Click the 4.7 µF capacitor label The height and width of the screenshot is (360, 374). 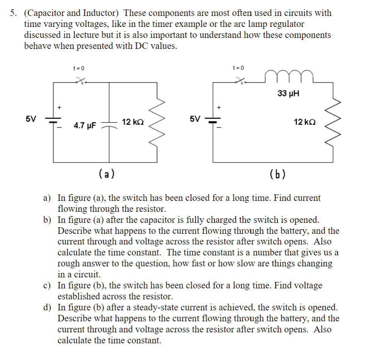(x=85, y=125)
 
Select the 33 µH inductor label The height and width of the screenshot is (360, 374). (x=288, y=93)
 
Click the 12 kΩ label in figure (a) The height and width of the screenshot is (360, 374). (x=132, y=122)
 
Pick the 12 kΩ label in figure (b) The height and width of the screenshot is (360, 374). (x=305, y=122)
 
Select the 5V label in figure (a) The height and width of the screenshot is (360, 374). (x=31, y=119)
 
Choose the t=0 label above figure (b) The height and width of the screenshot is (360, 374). (x=238, y=68)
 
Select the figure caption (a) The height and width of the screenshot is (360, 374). (x=107, y=174)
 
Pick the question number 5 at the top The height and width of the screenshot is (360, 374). (x=13, y=13)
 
